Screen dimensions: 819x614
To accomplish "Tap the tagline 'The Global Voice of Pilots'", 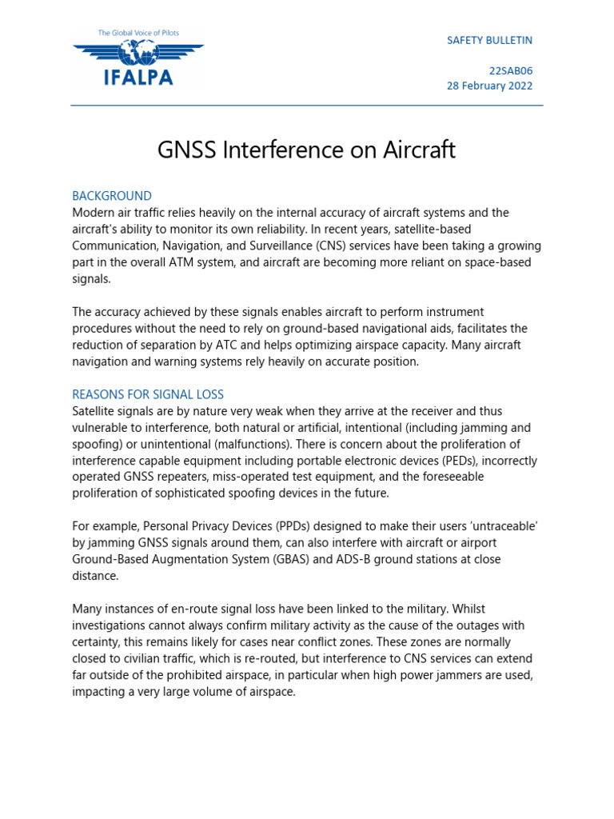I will [138, 33].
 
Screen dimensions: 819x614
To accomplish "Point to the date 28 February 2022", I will [489, 86].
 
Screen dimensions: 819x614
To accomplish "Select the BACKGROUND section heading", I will [112, 196].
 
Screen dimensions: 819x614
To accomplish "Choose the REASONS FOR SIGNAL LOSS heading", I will [148, 394].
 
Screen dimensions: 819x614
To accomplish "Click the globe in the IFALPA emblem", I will [138, 52].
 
